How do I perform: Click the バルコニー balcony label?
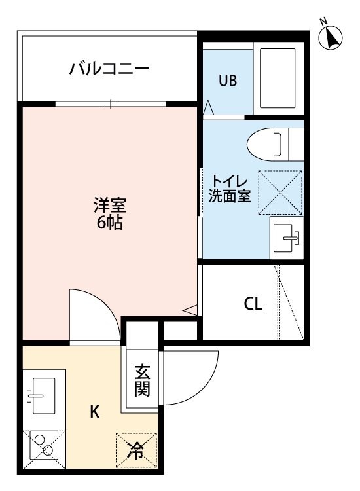(109, 68)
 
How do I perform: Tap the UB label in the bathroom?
(228, 81)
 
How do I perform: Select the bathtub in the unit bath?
(278, 79)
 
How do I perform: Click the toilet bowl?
(264, 145)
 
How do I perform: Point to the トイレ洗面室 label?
(230, 189)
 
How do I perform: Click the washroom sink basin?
(286, 238)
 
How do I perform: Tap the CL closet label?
(253, 303)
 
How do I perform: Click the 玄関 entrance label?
(142, 380)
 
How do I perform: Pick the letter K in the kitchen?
(94, 412)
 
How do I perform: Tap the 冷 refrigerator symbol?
(136, 450)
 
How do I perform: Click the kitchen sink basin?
(43, 395)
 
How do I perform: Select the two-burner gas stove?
(44, 445)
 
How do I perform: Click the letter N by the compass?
(323, 22)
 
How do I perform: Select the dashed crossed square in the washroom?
(281, 192)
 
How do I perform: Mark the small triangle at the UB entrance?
(209, 107)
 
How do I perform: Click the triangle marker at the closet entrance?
(190, 310)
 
